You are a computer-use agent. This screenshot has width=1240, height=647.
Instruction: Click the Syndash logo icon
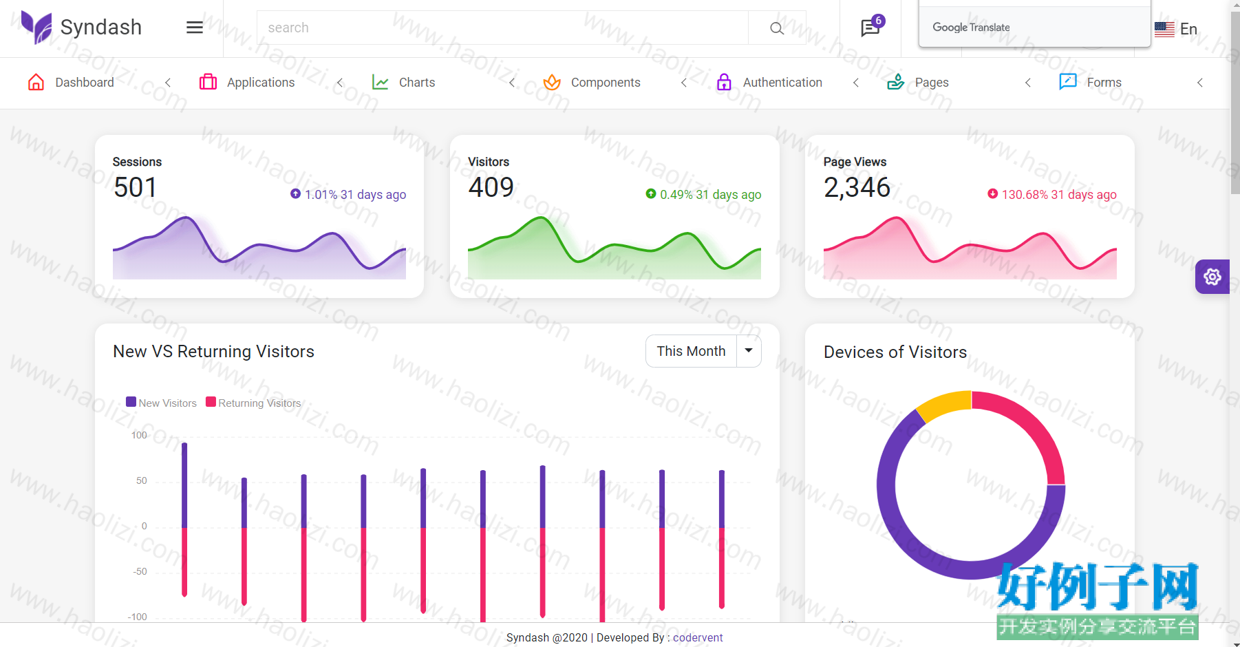coord(36,28)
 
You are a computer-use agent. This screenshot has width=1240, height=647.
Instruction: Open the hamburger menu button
coord(195,28)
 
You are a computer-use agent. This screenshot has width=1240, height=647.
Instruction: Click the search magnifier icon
coord(777,28)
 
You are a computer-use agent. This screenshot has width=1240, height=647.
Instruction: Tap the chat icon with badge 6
coord(871,27)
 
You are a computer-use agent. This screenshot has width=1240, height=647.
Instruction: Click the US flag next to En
coord(1164,29)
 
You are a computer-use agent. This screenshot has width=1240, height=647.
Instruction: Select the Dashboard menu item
coord(71,83)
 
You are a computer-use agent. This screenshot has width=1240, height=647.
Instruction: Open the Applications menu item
coord(247,83)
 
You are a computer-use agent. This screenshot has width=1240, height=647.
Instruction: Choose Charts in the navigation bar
coord(403,83)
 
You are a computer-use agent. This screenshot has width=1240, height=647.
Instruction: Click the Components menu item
coord(592,83)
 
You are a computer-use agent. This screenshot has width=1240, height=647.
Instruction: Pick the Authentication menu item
coord(769,83)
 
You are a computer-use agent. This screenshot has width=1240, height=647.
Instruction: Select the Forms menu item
coord(1091,83)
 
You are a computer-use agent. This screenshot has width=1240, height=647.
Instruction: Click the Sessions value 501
coord(136,187)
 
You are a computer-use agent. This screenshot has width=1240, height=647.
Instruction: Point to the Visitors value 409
coord(491,187)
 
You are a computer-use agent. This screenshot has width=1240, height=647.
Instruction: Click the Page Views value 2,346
coord(857,187)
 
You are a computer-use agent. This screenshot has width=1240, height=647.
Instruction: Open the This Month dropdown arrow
coord(749,351)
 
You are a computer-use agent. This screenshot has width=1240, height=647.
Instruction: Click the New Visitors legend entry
coord(162,403)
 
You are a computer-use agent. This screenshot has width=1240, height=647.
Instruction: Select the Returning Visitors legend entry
coord(253,403)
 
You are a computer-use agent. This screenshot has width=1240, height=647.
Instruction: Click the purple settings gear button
coord(1212,277)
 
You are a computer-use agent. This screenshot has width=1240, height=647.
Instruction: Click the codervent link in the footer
coord(698,637)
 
